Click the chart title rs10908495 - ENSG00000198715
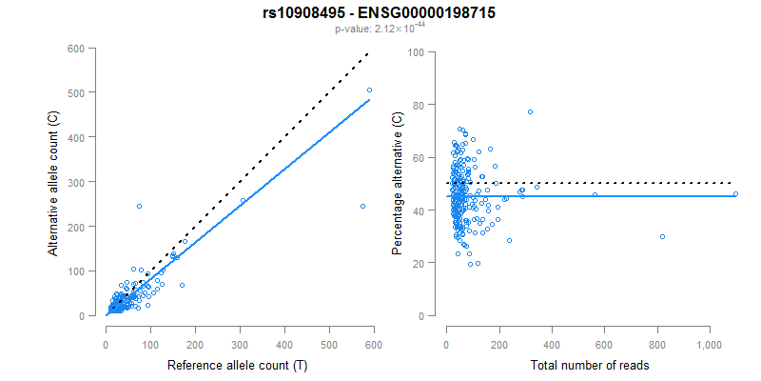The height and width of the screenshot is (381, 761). [x=380, y=13]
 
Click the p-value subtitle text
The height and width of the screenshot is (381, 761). [x=380, y=30]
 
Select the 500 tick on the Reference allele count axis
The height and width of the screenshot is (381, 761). [x=329, y=333]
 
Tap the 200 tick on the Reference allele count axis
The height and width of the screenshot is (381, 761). [x=195, y=333]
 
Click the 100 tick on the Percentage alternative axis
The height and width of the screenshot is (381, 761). [x=415, y=52]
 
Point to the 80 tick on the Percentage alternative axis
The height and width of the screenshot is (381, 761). [x=418, y=105]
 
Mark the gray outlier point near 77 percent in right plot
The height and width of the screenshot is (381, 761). [x=530, y=112]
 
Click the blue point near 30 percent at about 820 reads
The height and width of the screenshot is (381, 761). [x=662, y=236]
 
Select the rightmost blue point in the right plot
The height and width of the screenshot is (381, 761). [x=735, y=193]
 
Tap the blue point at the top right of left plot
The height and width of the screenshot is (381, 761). [x=369, y=90]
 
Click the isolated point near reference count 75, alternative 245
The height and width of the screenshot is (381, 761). [x=139, y=206]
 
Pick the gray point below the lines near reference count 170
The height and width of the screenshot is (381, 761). [x=182, y=285]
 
